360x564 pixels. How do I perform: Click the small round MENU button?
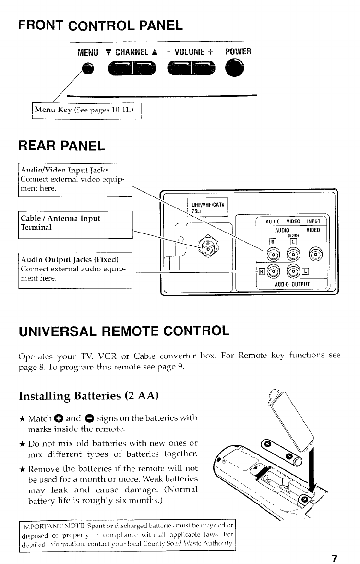[x=86, y=70]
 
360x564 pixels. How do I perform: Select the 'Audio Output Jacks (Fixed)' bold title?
[x=70, y=260]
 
